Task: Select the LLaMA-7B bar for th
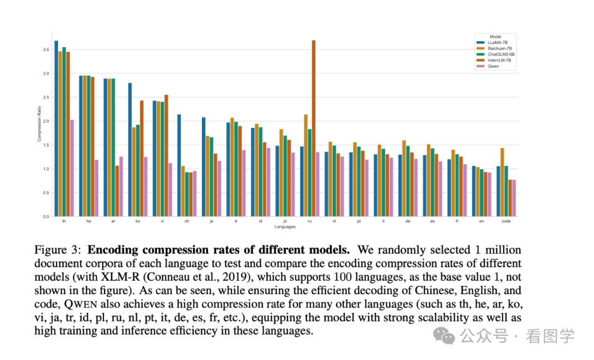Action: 56,129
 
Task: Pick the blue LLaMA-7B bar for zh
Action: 179,165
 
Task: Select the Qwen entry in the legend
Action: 491,66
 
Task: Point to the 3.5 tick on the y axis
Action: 45,50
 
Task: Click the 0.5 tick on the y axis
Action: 45,193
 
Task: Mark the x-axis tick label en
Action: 481,221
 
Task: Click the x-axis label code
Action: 506,221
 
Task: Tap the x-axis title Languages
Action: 285,226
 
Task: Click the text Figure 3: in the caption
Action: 57,250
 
